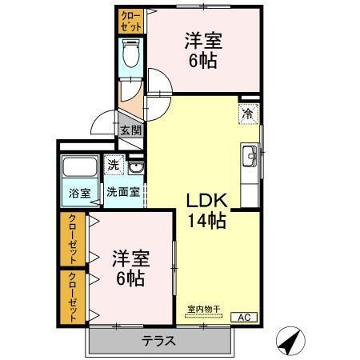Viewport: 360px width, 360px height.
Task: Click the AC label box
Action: tap(244, 318)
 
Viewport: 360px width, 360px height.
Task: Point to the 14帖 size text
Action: tap(206, 220)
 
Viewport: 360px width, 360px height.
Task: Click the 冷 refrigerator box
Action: tap(250, 114)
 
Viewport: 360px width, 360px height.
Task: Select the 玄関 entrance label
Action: tap(130, 130)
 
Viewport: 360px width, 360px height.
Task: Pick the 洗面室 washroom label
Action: tap(125, 192)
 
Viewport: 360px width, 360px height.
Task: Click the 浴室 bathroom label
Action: tap(78, 192)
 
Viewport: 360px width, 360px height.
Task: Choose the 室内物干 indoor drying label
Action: tap(203, 310)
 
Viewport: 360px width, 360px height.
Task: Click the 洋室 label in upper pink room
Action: tap(203, 40)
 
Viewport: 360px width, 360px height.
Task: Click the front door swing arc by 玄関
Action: tap(103, 124)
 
